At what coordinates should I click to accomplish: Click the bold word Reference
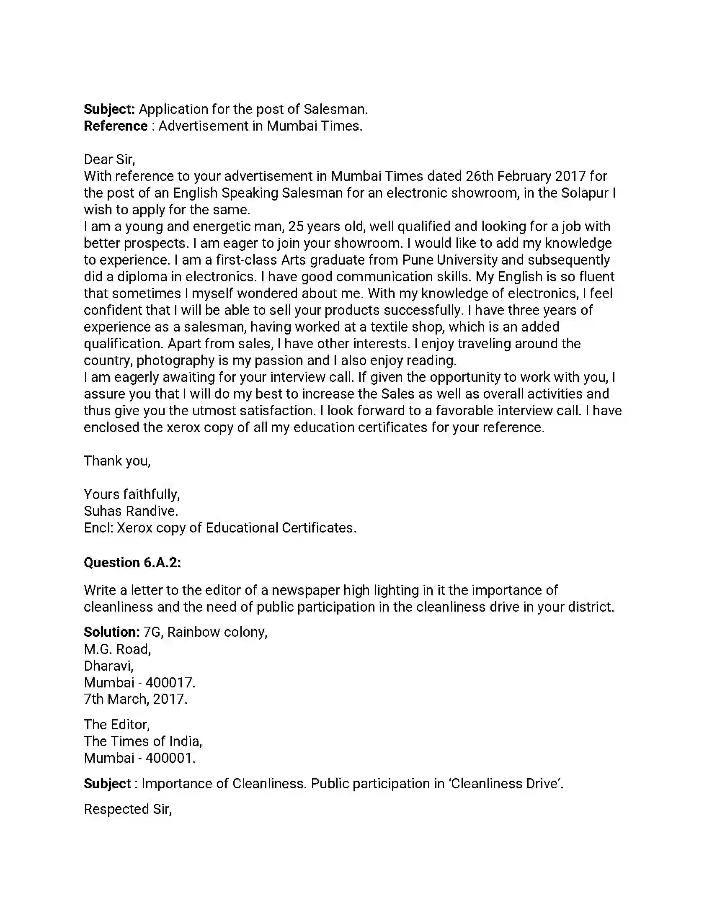click(x=116, y=126)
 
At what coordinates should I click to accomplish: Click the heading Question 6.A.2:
click(x=132, y=563)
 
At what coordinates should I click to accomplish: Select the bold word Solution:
click(x=112, y=632)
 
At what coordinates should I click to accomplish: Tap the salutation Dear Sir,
click(x=109, y=160)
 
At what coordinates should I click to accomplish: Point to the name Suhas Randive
click(x=131, y=511)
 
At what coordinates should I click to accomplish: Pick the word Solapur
click(x=585, y=193)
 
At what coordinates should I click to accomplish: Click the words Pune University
click(x=450, y=260)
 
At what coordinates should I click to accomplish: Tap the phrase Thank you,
click(x=117, y=461)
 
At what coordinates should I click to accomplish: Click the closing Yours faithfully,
click(x=132, y=494)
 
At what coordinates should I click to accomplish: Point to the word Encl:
click(x=98, y=528)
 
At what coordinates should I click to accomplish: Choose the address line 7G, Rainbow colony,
click(x=205, y=632)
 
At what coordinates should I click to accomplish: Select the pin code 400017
click(x=170, y=683)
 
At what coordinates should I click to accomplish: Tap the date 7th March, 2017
click(x=135, y=699)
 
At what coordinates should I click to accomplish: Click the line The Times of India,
click(x=143, y=741)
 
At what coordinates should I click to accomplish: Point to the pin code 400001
click(x=170, y=758)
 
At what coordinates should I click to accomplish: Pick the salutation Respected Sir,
click(x=128, y=809)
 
